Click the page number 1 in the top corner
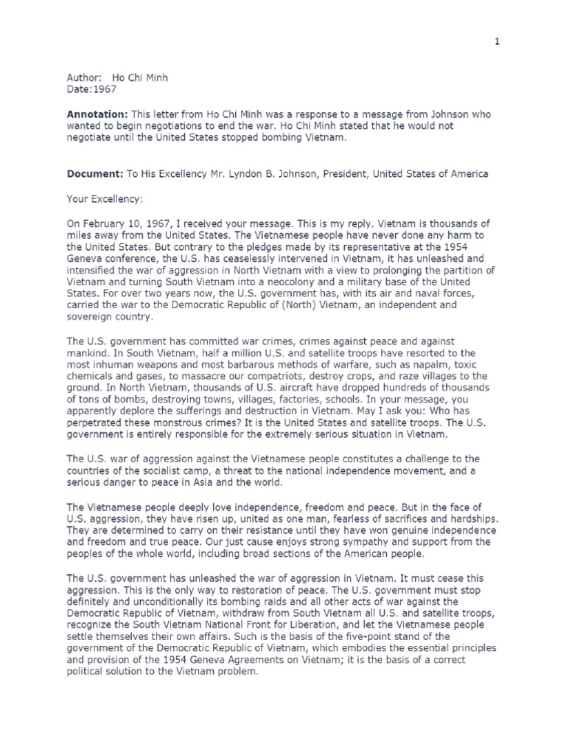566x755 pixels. [497, 42]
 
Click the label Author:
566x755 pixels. [84, 77]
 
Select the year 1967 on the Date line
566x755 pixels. [105, 89]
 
